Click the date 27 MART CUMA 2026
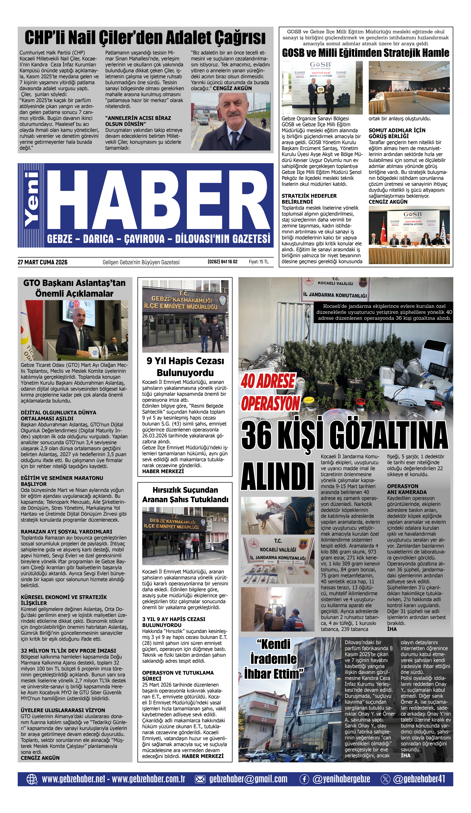click(43, 262)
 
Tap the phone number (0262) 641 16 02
click(222, 262)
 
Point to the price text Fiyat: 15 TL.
click(259, 262)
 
